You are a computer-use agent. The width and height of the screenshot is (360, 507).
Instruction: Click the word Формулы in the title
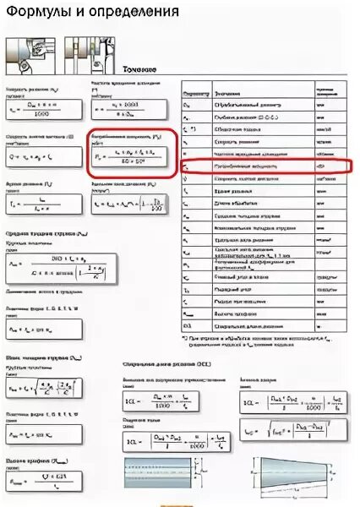click(x=36, y=13)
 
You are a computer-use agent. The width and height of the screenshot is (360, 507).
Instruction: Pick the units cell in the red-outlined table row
click(x=322, y=167)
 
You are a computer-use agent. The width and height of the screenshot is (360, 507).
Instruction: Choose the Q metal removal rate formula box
click(x=42, y=155)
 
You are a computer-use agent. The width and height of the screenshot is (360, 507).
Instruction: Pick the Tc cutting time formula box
click(x=42, y=204)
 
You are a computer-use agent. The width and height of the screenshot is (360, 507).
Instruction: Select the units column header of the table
click(x=322, y=89)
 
